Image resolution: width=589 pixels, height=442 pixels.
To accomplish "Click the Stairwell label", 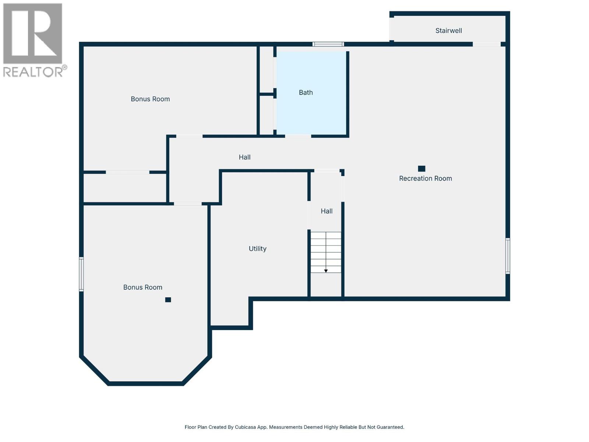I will click(x=448, y=31).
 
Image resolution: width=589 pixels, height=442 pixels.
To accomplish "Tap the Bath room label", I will click(x=306, y=92).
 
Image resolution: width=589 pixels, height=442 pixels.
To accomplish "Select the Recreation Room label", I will click(x=425, y=178).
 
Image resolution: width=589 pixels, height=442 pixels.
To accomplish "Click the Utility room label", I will click(x=257, y=249).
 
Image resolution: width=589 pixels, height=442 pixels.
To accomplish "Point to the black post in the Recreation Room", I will click(x=422, y=169).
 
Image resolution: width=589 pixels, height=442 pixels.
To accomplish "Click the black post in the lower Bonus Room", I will click(x=168, y=300).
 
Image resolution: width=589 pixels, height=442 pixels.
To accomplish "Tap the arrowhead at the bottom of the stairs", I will click(x=326, y=271).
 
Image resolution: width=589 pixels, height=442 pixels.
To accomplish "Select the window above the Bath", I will click(x=328, y=44).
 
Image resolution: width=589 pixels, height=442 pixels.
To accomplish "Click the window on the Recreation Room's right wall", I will click(x=508, y=256).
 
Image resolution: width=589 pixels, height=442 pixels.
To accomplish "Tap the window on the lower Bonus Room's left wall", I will click(x=81, y=274).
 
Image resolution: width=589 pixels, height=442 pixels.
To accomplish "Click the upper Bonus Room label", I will click(x=150, y=99).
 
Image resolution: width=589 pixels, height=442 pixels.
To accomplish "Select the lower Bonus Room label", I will click(x=142, y=287).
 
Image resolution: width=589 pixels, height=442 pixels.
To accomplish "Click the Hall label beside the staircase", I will click(x=327, y=211).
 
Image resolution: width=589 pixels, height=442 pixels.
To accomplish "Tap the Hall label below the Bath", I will click(x=244, y=157).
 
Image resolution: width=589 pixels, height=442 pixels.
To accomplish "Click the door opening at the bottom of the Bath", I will click(x=298, y=136).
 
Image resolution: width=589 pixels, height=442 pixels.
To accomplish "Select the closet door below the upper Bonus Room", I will click(x=127, y=172).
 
